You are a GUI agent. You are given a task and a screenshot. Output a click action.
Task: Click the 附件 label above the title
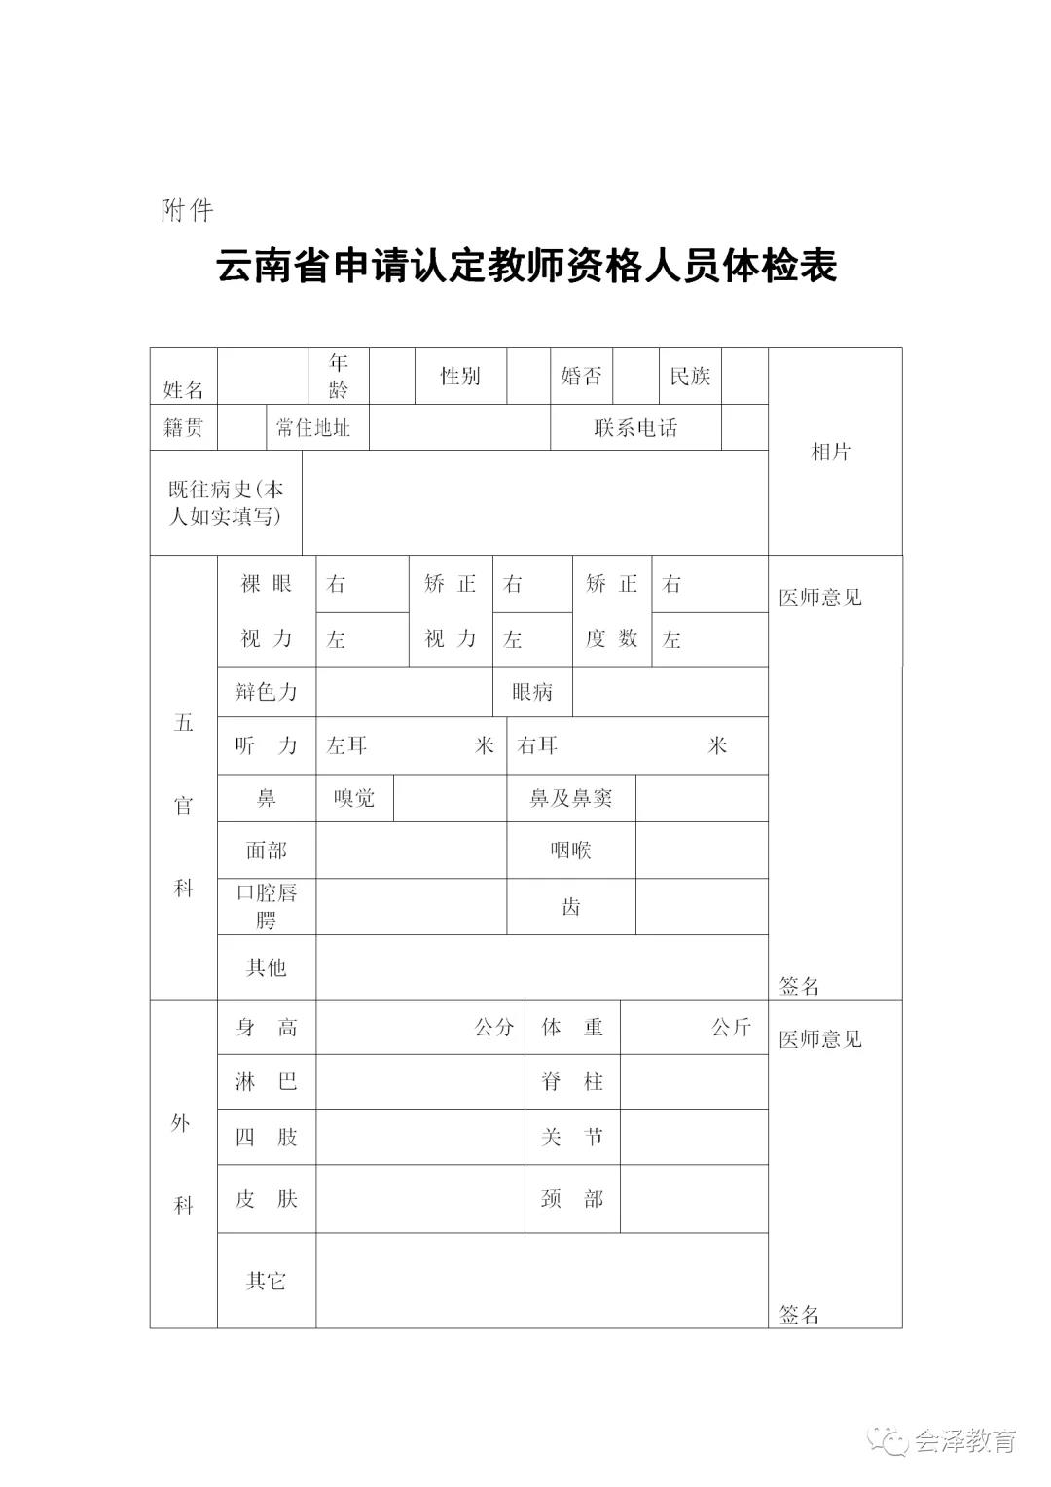coord(187,210)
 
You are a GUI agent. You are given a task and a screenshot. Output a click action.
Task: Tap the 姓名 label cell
coord(183,389)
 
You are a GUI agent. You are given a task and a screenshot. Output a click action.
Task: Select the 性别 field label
coord(459,376)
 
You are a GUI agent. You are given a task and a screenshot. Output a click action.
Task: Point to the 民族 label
coord(690,376)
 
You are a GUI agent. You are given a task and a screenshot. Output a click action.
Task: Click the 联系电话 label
coord(635,427)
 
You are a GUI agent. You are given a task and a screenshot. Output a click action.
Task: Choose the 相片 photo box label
coord(831,452)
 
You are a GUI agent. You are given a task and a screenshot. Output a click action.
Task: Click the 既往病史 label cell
coord(226,502)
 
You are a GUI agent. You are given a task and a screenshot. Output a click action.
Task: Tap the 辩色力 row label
coord(266,692)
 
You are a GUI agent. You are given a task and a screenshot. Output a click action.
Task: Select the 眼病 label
coord(532,692)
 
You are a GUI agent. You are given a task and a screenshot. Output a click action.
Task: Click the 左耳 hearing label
coord(346,745)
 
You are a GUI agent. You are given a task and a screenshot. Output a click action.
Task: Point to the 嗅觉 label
coord(354,798)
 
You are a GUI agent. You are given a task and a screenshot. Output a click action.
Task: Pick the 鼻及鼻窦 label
coord(570,798)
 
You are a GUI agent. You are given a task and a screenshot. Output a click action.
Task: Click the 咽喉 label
coord(570,851)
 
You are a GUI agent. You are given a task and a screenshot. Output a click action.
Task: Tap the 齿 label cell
coord(570,907)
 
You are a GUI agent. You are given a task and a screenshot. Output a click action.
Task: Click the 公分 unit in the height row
coord(493,1028)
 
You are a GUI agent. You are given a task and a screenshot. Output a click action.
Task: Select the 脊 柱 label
coord(572,1081)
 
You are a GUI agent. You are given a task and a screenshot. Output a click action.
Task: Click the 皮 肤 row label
coord(266,1199)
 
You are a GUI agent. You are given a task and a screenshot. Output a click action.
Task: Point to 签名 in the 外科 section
coord(799,1315)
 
